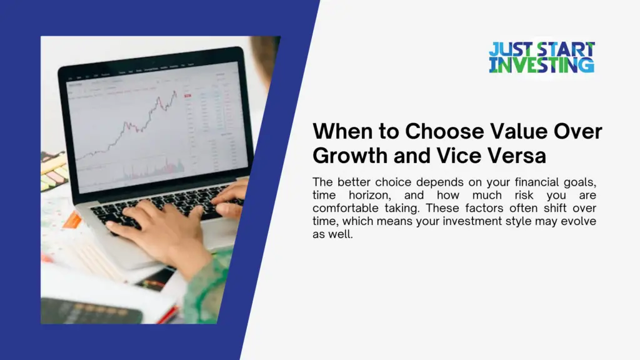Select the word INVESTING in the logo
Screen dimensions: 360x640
541,65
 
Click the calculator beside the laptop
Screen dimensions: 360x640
94,311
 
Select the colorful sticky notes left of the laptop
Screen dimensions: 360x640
52,171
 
